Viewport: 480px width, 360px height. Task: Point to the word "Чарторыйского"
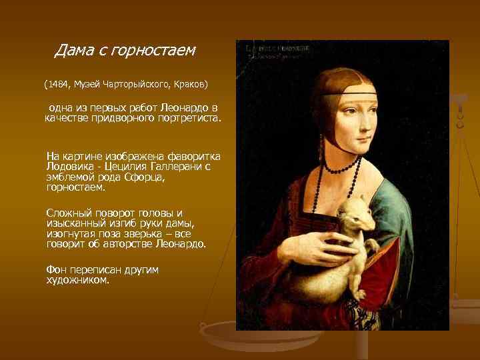(139, 85)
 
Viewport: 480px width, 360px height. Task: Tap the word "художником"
(77, 280)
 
